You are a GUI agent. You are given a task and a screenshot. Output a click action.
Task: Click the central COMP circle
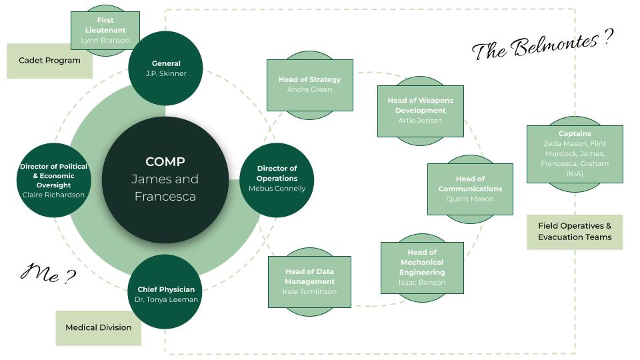[x=165, y=179]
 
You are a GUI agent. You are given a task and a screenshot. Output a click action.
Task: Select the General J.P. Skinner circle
[x=165, y=68]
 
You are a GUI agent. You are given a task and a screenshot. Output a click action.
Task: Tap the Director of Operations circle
[x=277, y=179]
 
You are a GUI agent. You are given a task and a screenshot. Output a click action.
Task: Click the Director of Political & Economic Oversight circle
[x=53, y=180]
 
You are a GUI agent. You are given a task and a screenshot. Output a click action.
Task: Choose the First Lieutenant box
[x=105, y=30]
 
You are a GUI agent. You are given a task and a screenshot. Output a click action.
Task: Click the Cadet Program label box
[x=49, y=61]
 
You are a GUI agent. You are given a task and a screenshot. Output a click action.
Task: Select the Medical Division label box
[x=98, y=327]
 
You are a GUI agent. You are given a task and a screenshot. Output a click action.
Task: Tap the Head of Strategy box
[x=309, y=84]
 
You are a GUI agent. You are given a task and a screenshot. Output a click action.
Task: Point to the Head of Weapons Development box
[x=420, y=110]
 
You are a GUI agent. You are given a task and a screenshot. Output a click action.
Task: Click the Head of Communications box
[x=470, y=189]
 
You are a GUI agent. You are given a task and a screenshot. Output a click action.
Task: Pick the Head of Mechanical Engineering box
[x=422, y=267]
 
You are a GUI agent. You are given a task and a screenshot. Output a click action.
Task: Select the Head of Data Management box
[x=309, y=281]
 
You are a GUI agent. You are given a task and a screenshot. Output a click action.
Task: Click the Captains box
[x=574, y=153]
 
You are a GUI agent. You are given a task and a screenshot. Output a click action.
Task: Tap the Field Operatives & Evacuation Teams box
[x=574, y=231]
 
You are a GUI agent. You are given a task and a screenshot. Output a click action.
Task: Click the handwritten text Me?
[x=48, y=273]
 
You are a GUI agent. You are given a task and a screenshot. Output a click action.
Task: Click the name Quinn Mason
[x=470, y=199]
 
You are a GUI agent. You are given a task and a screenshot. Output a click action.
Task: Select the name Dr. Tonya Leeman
[x=165, y=299]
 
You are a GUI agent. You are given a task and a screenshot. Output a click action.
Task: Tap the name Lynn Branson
[x=105, y=40]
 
